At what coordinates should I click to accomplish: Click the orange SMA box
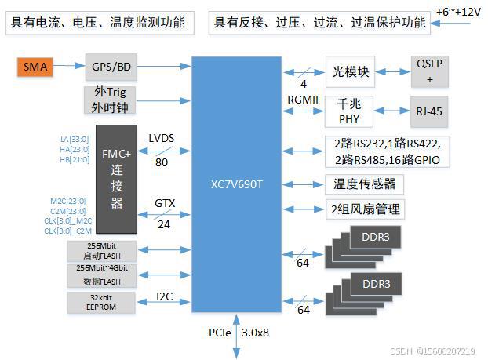click(x=35, y=67)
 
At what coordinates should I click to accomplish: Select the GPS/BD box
click(x=111, y=67)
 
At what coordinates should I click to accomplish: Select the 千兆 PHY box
click(x=348, y=112)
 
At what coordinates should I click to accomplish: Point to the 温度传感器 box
click(x=364, y=184)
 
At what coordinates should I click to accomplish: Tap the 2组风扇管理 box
click(x=366, y=209)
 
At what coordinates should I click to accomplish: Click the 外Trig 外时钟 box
click(x=111, y=100)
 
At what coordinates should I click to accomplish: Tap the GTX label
click(x=165, y=203)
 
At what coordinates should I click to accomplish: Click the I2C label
click(x=165, y=296)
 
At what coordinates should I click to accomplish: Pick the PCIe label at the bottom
click(x=220, y=333)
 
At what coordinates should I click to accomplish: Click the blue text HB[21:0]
click(x=75, y=160)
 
